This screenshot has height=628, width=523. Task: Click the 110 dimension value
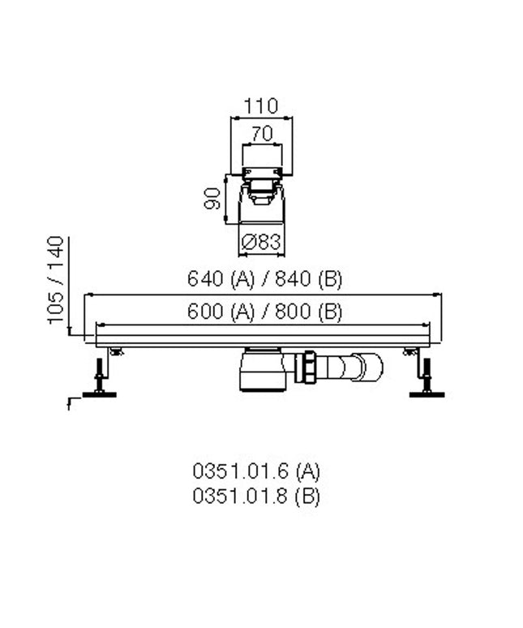(x=260, y=106)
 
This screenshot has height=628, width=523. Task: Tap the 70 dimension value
(x=262, y=133)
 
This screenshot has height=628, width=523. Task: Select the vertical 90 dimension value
(x=212, y=198)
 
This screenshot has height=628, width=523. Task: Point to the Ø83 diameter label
(x=261, y=242)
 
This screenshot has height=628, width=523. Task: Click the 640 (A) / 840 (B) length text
(x=264, y=279)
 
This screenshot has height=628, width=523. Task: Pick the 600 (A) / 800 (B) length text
(x=264, y=312)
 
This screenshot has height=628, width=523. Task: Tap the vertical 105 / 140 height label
(x=56, y=280)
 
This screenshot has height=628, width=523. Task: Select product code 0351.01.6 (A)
(x=256, y=471)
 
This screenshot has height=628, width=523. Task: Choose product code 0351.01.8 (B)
(x=256, y=497)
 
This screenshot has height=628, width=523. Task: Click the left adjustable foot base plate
(x=99, y=395)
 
